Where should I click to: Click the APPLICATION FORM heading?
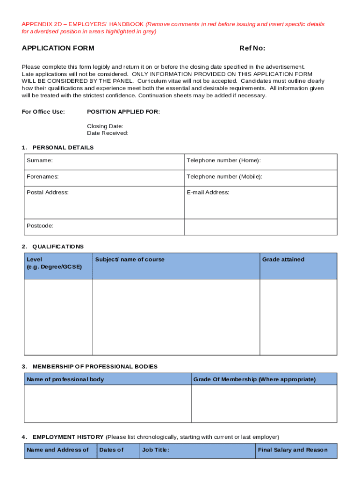tap(58, 48)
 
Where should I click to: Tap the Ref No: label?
tap(252, 48)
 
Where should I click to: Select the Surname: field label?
tap(40, 160)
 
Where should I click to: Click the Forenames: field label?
tap(43, 177)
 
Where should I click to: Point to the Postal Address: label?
tap(48, 192)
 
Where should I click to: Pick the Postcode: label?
tap(40, 225)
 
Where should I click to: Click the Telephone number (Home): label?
tap(223, 160)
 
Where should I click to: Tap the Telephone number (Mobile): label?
tap(224, 177)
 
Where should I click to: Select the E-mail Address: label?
tap(208, 192)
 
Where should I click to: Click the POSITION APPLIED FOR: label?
tap(123, 112)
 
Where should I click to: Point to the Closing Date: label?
tap(105, 126)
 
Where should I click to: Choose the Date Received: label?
tap(108, 133)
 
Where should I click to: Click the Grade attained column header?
tap(283, 260)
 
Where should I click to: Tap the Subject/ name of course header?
tap(130, 260)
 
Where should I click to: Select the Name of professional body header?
tap(65, 379)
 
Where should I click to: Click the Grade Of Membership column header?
tap(254, 379)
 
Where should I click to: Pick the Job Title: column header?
tap(156, 450)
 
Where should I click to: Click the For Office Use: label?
tap(43, 112)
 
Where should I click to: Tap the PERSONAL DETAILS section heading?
tap(63, 148)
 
